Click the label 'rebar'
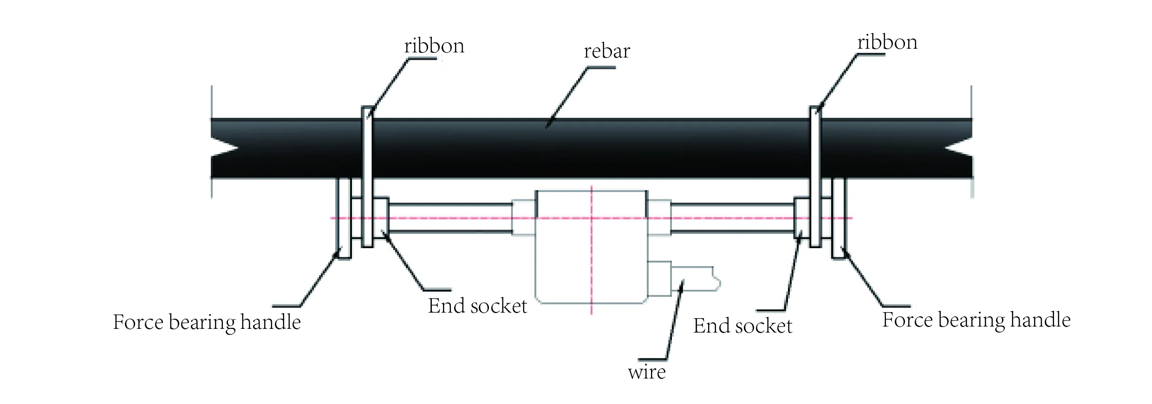coord(606,51)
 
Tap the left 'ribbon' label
coord(434,46)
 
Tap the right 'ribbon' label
coord(887,43)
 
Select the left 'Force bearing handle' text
coord(207,322)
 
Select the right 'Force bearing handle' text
coord(976,320)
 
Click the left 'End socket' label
coord(477,306)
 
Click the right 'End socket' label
coord(742,326)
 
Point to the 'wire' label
coord(646,372)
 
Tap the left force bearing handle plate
coord(343,218)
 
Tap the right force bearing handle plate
coord(839,218)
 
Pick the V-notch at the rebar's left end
coord(225,149)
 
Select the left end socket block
coord(381,218)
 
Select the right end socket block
coord(801,218)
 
